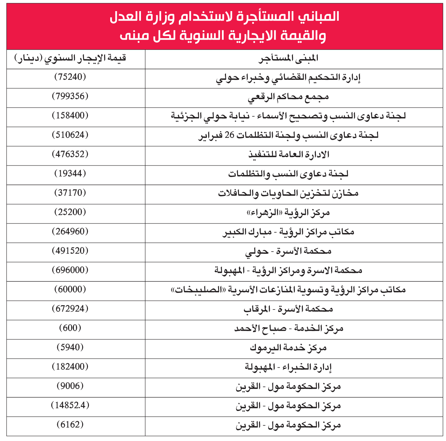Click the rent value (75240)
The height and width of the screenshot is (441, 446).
70,77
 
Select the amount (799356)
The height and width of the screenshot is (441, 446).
70,96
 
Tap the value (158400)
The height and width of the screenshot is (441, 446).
70,115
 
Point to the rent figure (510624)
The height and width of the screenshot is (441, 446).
70,135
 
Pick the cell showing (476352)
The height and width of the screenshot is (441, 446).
70,154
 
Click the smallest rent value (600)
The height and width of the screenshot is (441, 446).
70,328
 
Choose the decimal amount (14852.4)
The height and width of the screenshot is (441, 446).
70,405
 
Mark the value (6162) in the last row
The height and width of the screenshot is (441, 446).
70,424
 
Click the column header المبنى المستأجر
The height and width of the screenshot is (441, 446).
288,59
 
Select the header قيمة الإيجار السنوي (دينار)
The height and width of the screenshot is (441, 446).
70,59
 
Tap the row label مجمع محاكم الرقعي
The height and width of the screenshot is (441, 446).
288,97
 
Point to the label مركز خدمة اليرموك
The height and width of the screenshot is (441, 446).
288,347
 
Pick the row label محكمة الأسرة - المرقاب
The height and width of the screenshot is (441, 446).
288,309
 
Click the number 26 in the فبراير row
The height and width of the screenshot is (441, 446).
230,135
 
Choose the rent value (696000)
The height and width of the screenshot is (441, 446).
70,270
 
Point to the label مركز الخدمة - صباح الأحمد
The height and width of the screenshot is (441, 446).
288,328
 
